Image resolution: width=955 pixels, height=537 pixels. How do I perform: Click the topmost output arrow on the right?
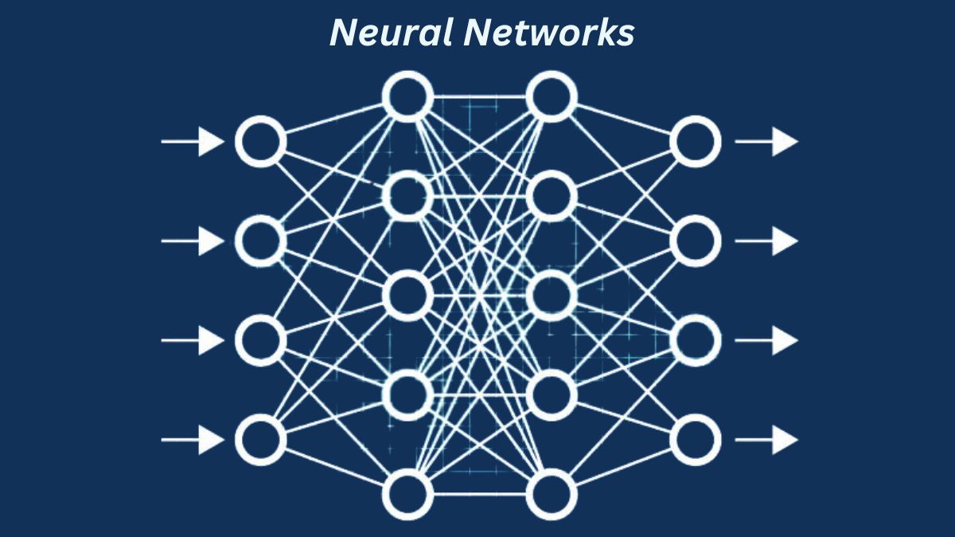(x=766, y=142)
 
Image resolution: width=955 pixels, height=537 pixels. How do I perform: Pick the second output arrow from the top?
(x=766, y=240)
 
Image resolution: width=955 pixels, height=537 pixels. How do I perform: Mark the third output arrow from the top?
(x=766, y=341)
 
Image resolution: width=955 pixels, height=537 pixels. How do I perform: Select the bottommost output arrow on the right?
(x=766, y=439)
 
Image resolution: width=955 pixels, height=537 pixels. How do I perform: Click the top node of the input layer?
(x=260, y=142)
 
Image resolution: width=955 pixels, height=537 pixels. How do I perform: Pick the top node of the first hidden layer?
(x=407, y=96)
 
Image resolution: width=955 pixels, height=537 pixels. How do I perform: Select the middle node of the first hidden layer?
(x=407, y=294)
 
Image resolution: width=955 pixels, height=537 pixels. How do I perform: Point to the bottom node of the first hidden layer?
(x=407, y=495)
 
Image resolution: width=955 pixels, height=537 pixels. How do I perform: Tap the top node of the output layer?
(x=695, y=142)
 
